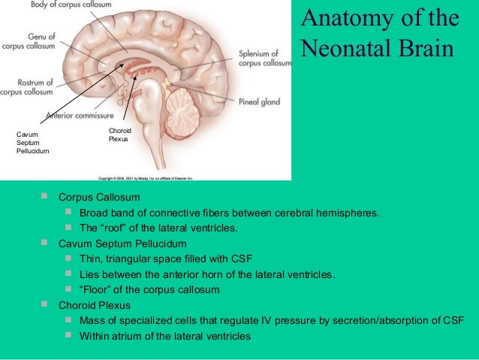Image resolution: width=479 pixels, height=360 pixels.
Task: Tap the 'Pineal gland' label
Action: (x=259, y=102)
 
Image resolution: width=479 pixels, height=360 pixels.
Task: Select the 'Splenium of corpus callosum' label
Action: (x=264, y=59)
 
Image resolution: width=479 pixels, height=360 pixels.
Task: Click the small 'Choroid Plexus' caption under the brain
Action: (x=120, y=135)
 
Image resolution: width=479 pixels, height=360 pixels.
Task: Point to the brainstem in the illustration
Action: (x=153, y=124)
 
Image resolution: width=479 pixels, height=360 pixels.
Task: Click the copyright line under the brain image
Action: (x=146, y=178)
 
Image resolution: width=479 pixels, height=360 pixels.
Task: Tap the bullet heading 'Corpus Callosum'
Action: (x=99, y=197)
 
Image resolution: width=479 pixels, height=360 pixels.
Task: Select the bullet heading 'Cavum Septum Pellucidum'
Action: (x=122, y=244)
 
